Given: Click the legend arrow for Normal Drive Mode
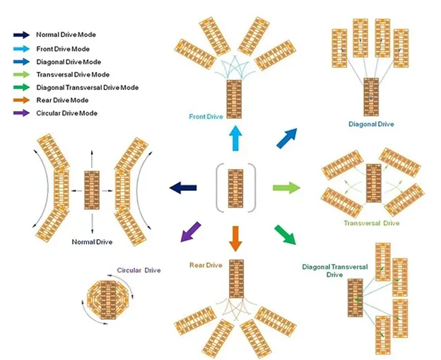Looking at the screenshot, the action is click(x=21, y=35).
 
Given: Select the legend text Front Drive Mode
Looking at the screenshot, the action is click(x=63, y=49).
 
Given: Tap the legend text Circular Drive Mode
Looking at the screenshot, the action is click(x=66, y=113).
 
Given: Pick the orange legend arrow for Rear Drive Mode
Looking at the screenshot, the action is click(x=21, y=100).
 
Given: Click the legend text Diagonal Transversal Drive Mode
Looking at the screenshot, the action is click(x=87, y=88).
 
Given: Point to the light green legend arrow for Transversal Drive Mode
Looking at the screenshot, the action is click(x=21, y=74).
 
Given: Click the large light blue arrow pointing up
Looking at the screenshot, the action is click(x=235, y=138).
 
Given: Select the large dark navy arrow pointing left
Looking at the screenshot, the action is click(x=183, y=187).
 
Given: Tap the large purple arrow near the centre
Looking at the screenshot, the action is click(x=190, y=232).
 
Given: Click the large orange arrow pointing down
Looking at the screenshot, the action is click(x=235, y=238).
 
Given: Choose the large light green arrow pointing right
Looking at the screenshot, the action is click(x=287, y=187).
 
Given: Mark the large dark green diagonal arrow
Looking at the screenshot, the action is click(x=286, y=235).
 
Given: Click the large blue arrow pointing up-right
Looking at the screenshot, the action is click(x=287, y=138).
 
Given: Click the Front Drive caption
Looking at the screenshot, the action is click(x=206, y=117).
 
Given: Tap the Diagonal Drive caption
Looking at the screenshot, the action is click(x=371, y=124).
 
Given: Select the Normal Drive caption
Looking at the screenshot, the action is click(x=92, y=242).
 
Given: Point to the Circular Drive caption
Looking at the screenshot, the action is click(x=139, y=270).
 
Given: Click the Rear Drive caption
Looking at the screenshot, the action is click(x=206, y=265).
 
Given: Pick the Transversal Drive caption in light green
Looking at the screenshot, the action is click(x=372, y=223).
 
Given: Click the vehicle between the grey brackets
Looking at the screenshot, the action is click(x=235, y=189).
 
